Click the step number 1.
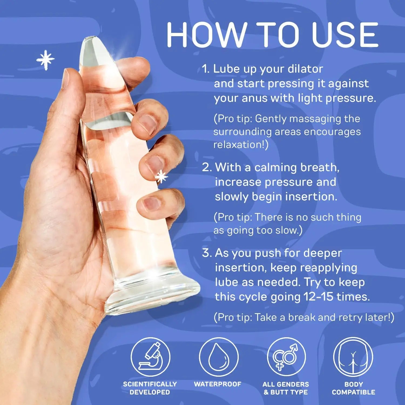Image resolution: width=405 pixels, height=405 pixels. pos(205,69)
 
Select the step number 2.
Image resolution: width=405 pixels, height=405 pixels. pos(207,167)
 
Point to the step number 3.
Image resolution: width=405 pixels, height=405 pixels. pos(207,253)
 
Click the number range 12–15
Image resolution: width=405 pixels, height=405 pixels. pos(318,297)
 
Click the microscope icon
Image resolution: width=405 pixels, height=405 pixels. pos(150,357)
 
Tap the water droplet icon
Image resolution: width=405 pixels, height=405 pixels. pos(218,357)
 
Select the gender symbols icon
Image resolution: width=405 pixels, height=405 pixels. pos(286,357)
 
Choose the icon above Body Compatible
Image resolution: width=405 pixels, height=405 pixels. pos(353,357)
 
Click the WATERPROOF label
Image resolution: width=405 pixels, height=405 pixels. pos(218,384)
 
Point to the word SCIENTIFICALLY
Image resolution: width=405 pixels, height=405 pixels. pos(150,384)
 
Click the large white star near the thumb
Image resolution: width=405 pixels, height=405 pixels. pos(45,59)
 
